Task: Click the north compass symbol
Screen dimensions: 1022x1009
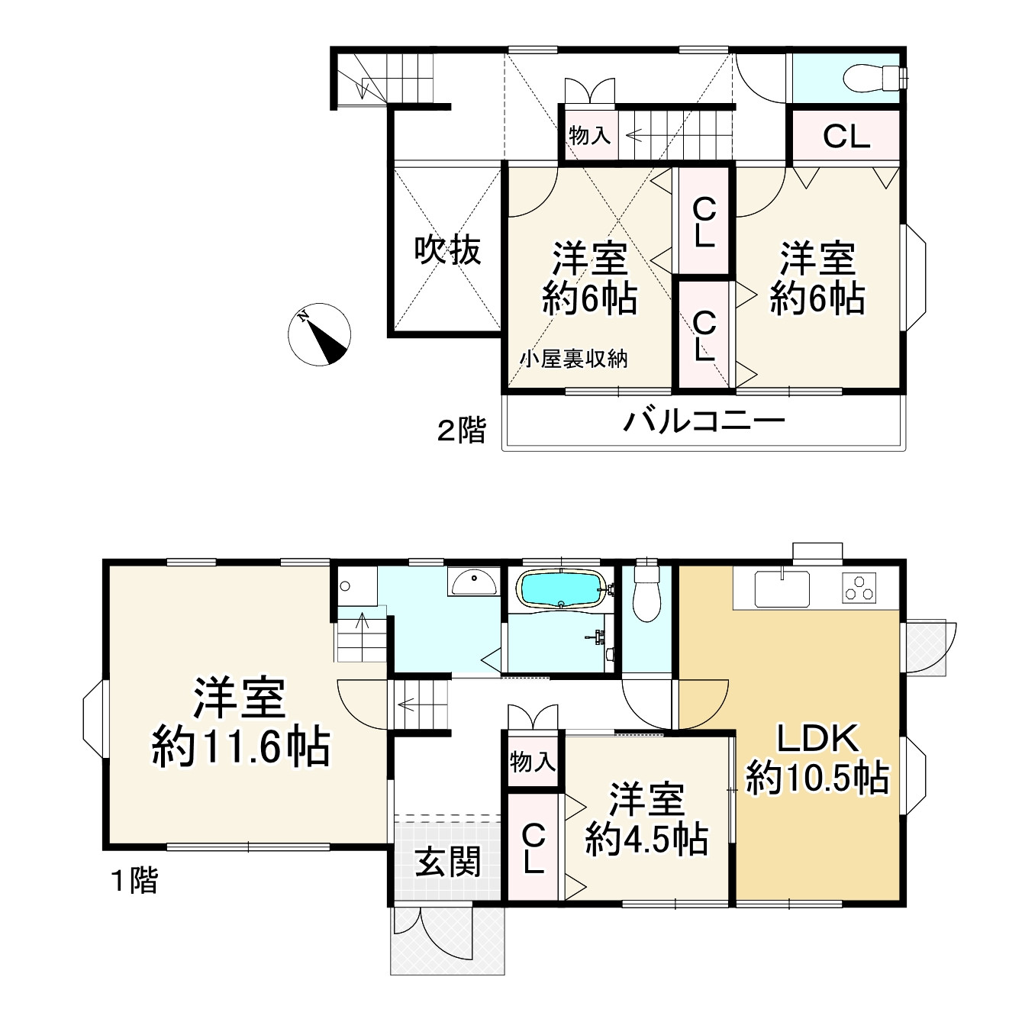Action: pyautogui.click(x=320, y=334)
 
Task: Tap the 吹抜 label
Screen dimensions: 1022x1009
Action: pyautogui.click(x=448, y=250)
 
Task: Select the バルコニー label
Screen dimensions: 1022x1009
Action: pyautogui.click(x=704, y=421)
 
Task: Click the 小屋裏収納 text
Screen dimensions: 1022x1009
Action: pyautogui.click(x=574, y=359)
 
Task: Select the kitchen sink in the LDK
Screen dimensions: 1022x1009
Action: pyautogui.click(x=782, y=588)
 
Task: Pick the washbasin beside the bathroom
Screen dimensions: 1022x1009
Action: pyautogui.click(x=473, y=584)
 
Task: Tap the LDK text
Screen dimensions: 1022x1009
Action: pyautogui.click(x=818, y=738)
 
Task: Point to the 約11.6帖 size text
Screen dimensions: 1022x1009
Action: pyautogui.click(x=241, y=746)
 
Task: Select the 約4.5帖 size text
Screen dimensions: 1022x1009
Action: pyautogui.click(x=646, y=840)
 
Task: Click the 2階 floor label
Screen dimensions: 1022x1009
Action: pyautogui.click(x=461, y=430)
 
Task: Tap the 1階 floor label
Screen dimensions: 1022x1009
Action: pyautogui.click(x=135, y=881)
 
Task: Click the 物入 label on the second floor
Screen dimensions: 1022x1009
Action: pyautogui.click(x=590, y=136)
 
